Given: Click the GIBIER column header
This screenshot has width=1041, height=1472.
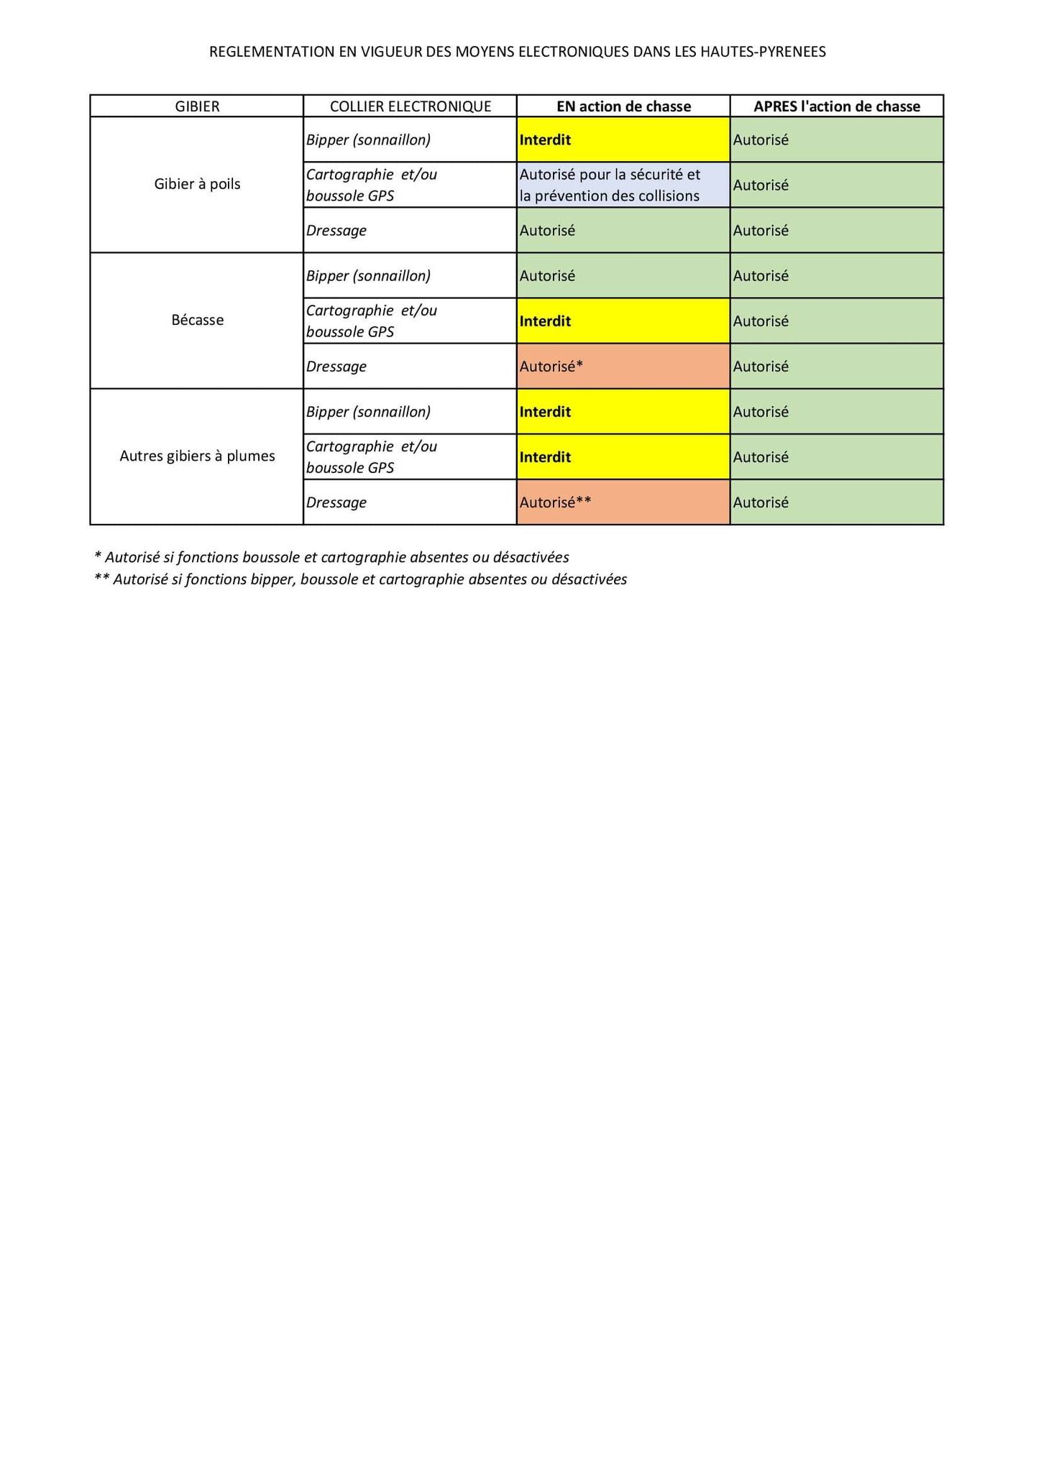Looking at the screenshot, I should (197, 106).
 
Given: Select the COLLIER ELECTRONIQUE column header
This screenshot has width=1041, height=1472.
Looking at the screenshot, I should (410, 106).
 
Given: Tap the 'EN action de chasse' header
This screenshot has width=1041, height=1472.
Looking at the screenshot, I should (623, 106).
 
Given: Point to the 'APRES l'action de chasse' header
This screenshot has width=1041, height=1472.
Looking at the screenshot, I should (836, 106).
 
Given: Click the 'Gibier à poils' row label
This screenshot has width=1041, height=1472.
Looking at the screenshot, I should (197, 184).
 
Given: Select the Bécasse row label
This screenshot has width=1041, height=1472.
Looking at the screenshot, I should (197, 321).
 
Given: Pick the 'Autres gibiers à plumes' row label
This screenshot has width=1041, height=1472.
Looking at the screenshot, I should (197, 456).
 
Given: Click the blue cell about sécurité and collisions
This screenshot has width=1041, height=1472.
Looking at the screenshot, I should (623, 185).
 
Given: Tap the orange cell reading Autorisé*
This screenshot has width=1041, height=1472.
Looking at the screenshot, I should (623, 367).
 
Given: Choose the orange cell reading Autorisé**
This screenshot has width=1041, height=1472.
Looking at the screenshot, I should (623, 502).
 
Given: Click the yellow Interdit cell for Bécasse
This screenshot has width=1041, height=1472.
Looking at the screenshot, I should (623, 321).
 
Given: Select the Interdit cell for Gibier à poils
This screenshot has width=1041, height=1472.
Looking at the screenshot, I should (623, 139).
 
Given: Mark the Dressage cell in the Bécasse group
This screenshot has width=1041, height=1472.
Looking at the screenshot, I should (410, 367).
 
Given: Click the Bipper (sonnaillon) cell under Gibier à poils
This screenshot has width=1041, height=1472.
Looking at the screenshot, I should (410, 139).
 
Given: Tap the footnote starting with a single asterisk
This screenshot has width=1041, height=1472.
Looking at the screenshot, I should (331, 557).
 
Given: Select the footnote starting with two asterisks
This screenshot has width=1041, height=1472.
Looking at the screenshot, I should (360, 579).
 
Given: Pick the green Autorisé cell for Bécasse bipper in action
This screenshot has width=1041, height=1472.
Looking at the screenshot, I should (623, 276).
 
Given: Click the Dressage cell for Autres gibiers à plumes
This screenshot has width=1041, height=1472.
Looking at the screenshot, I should (410, 502).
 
